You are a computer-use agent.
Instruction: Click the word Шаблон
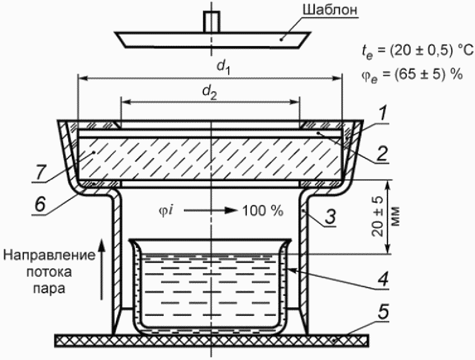pos(330,10)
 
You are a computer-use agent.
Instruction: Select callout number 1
pos(383,114)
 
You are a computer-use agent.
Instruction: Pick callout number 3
pos(331,215)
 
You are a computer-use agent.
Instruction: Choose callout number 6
pos(40,204)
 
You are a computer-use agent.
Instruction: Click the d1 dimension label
pos(224,67)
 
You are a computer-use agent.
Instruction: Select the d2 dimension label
pos(210,92)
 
